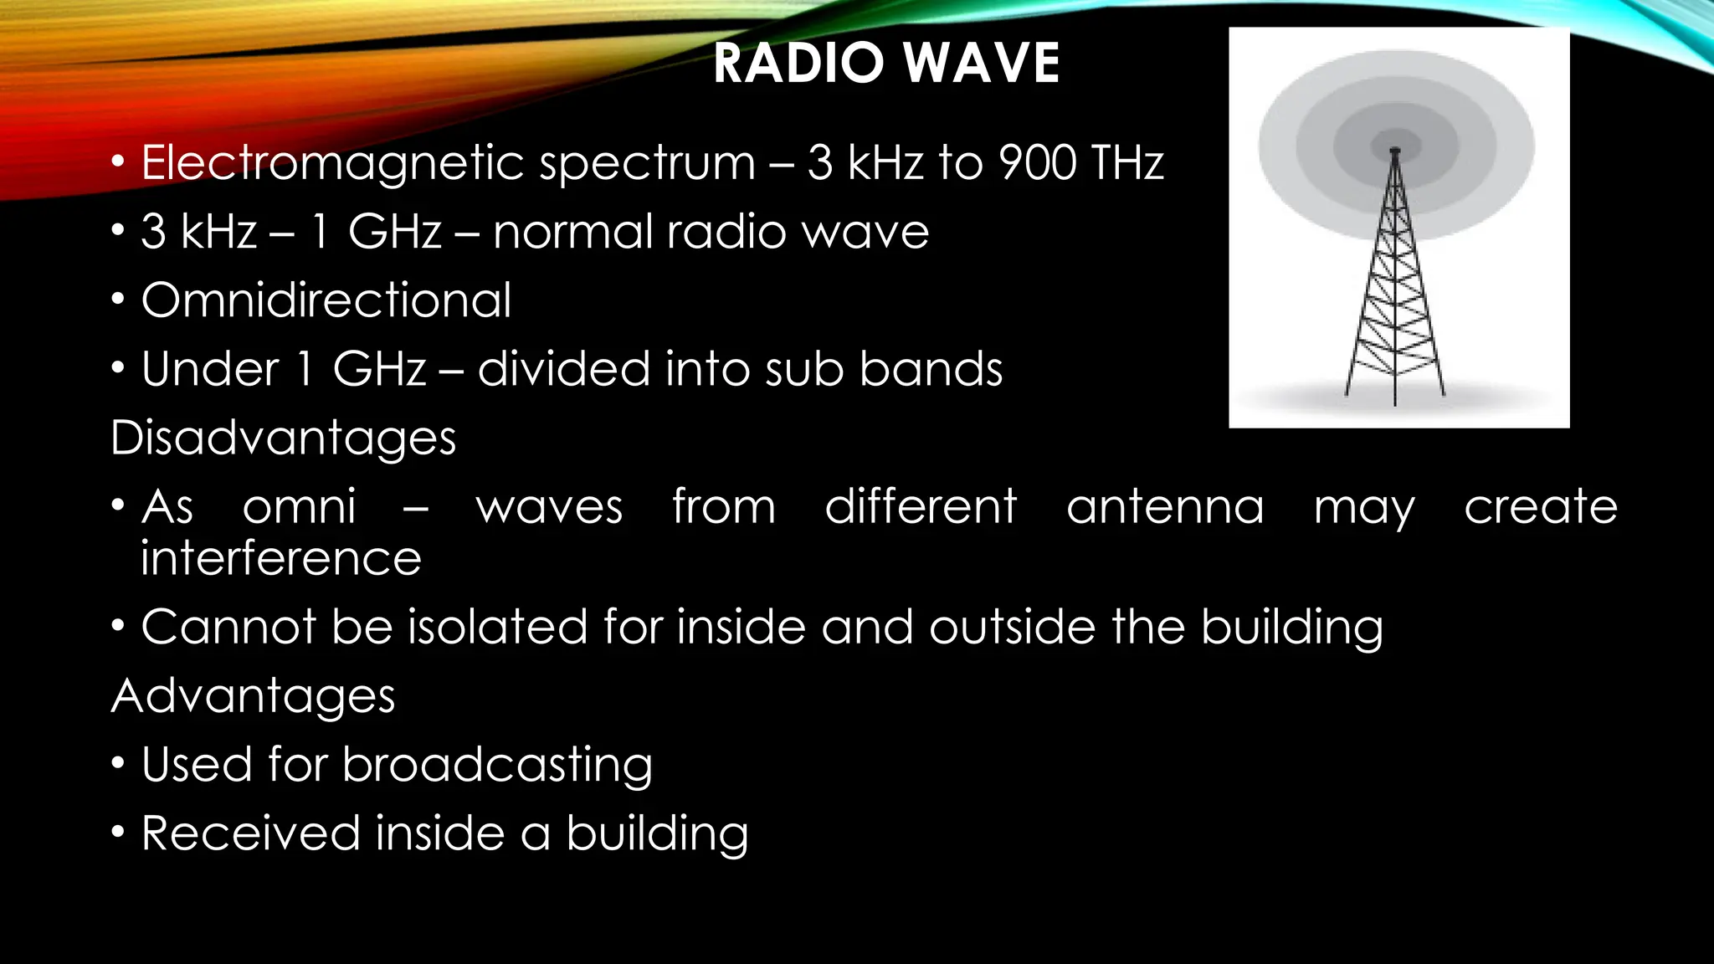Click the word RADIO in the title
(799, 64)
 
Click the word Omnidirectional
(326, 300)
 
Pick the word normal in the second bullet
(572, 232)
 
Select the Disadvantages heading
(283, 438)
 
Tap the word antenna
(1164, 507)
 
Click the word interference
(280, 558)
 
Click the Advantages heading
(253, 695)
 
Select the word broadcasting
(497, 765)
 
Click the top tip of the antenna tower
(1394, 151)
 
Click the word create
(1541, 507)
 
